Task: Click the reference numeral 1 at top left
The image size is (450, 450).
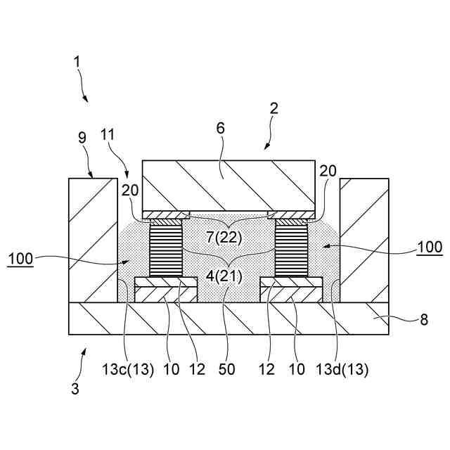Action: (78, 62)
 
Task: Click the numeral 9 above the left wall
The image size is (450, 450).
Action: (82, 137)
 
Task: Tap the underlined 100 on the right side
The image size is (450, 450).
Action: (429, 247)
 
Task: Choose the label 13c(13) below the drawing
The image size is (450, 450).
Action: (128, 370)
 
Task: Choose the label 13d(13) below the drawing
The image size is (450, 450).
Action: (343, 370)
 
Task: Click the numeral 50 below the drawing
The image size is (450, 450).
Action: (226, 370)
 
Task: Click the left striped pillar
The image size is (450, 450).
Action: (167, 247)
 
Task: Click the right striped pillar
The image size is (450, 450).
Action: (292, 247)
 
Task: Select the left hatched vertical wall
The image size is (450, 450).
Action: (92, 239)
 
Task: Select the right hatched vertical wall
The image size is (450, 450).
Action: (364, 239)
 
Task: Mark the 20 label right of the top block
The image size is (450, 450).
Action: (328, 170)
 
